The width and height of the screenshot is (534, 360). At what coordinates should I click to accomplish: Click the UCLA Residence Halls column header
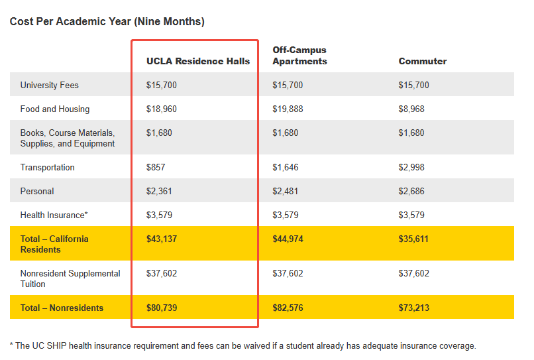(x=198, y=61)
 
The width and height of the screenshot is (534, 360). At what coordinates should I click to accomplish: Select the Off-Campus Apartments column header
(x=299, y=56)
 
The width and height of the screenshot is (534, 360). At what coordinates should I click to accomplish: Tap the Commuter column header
(x=422, y=61)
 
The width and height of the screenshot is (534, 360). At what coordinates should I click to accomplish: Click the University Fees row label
(x=49, y=85)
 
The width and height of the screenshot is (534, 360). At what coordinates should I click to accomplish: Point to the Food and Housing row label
(x=54, y=109)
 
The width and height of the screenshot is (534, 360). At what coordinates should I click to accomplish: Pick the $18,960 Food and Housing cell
(x=162, y=109)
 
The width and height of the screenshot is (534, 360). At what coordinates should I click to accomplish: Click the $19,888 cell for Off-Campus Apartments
(x=288, y=109)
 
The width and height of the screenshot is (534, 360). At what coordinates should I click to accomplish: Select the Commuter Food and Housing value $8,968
(x=411, y=109)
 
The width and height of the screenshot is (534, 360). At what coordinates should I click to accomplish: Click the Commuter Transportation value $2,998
(x=411, y=167)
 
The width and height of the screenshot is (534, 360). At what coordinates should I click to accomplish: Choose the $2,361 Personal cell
(x=159, y=191)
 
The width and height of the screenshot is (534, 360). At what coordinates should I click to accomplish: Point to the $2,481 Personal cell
(x=286, y=191)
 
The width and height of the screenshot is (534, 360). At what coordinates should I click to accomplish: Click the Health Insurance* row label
(x=54, y=215)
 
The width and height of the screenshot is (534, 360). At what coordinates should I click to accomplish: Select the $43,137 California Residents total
(x=162, y=239)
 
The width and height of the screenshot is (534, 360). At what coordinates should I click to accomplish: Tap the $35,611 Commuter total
(x=413, y=239)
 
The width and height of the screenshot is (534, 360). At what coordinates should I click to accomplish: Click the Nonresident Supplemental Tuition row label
(x=70, y=278)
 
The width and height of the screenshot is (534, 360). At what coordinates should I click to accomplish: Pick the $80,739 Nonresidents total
(x=162, y=308)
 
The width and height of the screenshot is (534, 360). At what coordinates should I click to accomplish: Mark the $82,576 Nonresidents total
(x=288, y=308)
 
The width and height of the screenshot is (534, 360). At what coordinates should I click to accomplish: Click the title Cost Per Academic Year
(x=107, y=22)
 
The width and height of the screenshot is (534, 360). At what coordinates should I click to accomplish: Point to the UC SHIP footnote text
(x=242, y=345)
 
